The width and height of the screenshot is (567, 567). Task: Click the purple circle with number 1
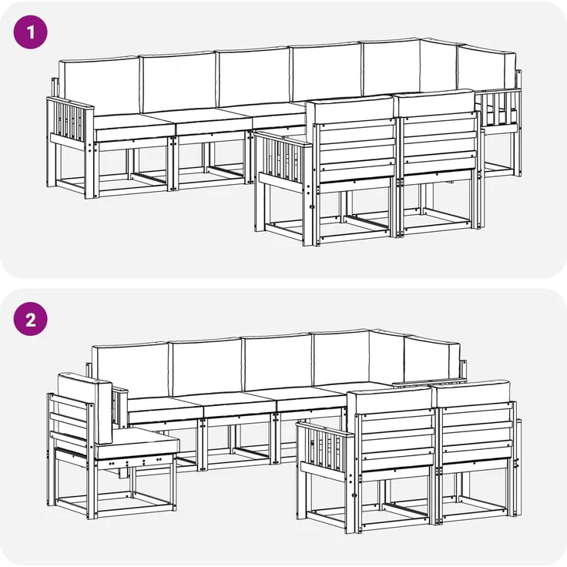coord(30,32)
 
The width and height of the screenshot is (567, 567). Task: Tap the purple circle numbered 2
coord(30,319)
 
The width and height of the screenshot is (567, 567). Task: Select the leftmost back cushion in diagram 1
coord(99,87)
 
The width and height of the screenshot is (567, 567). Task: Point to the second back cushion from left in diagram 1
coord(177,82)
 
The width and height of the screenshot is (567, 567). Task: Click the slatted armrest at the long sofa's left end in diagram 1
coord(69,122)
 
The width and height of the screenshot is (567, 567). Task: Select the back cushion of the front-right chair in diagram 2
coord(474,391)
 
